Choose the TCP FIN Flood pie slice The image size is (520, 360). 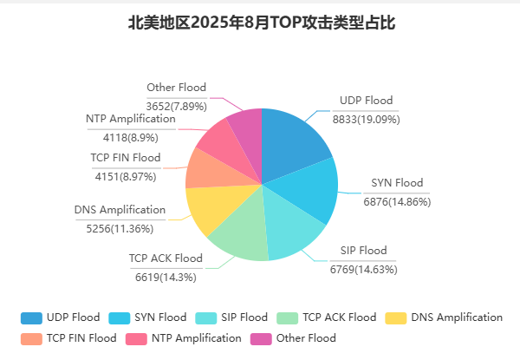click(205, 169)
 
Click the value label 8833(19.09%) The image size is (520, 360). click(366, 120)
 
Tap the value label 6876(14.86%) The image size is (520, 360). click(397, 202)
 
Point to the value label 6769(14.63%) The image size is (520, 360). click(363, 270)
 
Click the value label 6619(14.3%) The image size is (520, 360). click(166, 278)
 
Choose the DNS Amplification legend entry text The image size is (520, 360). click(457, 317)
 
